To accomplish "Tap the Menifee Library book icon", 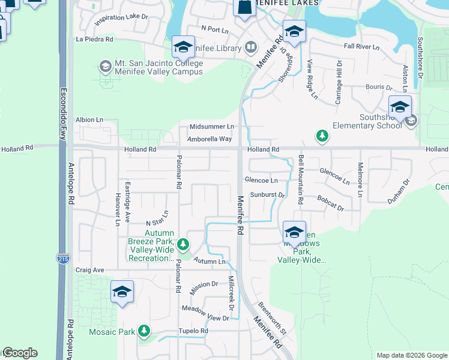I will [x=250, y=46].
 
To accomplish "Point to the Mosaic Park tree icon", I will [x=143, y=331].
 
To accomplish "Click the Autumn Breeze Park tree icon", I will [x=183, y=244].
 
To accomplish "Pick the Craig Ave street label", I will [x=90, y=270].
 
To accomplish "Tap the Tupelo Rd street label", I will [x=193, y=331].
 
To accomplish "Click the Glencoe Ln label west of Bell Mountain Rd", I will [x=261, y=180].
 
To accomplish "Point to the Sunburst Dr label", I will [x=267, y=195].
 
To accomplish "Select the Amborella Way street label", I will [x=209, y=139].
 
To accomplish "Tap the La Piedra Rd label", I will [x=94, y=40].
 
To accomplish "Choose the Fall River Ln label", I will [x=362, y=47].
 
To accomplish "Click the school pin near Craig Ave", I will [x=122, y=292].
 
